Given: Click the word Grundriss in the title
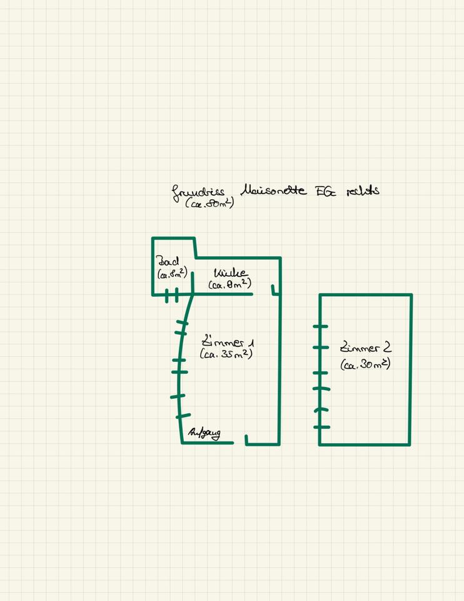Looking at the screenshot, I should tap(198, 192).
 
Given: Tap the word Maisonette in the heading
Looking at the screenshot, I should tap(273, 190).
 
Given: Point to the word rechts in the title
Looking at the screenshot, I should tap(363, 190).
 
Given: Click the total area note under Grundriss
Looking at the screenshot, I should tap(209, 203).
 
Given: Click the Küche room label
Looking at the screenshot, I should tap(230, 274).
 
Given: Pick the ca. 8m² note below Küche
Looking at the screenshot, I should tap(229, 285).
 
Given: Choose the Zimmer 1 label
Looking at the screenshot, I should tap(228, 342).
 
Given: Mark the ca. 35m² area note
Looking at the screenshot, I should tap(226, 354).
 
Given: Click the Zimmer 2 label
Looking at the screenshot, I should tap(365, 348).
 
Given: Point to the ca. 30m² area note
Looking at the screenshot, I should tap(366, 364).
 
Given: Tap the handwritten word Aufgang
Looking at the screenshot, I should tap(204, 433).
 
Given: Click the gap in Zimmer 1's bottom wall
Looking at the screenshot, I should tap(240, 443).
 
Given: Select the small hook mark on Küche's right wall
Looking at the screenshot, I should tap(274, 290).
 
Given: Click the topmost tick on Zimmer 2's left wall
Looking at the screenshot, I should tap(320, 326).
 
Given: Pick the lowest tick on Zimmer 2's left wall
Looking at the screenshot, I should tap(321, 427).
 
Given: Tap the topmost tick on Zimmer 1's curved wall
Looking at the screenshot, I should tap(182, 323).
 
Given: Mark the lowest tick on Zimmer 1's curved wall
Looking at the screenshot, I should tap(183, 416).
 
